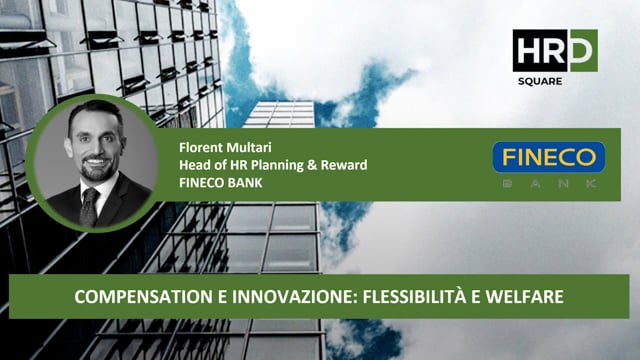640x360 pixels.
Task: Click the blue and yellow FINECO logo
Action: click(549, 157)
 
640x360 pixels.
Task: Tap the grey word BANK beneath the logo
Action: click(549, 184)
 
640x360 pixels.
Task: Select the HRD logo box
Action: click(554, 49)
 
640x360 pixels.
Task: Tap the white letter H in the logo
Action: click(528, 49)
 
